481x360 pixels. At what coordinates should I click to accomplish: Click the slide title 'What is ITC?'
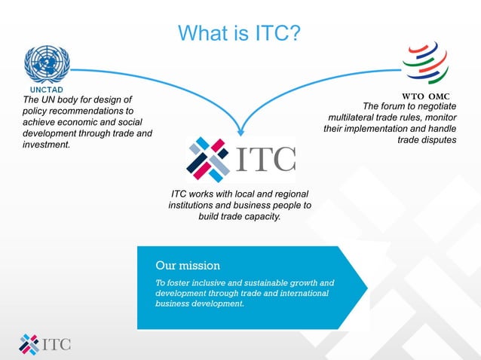click(x=240, y=33)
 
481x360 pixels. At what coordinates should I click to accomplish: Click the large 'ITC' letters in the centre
click(x=266, y=159)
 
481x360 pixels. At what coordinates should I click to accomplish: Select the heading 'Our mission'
click(x=188, y=266)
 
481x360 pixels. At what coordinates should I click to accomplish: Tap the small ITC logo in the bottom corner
click(x=45, y=343)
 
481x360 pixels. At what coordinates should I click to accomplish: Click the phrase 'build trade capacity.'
click(x=240, y=216)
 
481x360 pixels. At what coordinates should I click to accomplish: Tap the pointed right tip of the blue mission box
click(x=366, y=287)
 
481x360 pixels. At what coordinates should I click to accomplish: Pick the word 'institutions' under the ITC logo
click(x=195, y=205)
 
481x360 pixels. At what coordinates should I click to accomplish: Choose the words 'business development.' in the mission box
click(x=200, y=304)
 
